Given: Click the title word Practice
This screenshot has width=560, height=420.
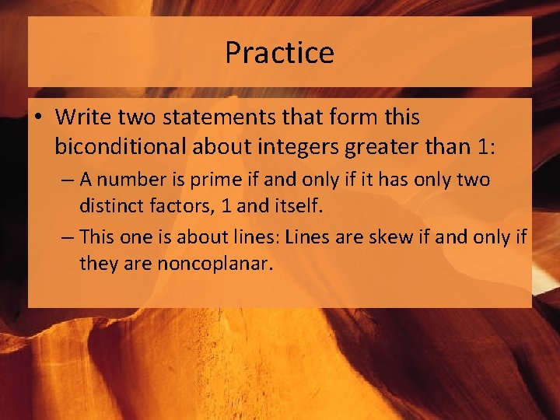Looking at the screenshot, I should tap(279, 53).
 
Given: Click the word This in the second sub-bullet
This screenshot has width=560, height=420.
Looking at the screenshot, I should tap(97, 236).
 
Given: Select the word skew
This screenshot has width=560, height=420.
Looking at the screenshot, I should tap(381, 236).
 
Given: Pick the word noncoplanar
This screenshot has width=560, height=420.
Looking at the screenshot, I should tap(215, 264).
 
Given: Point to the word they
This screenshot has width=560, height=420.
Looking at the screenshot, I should tap(99, 264).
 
